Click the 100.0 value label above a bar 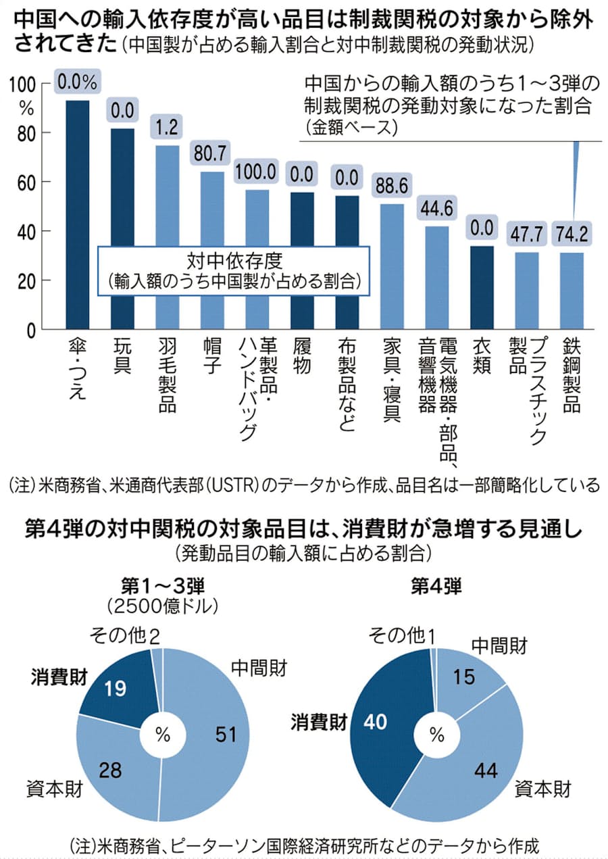pyautogui.click(x=256, y=172)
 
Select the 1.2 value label pyautogui.click(x=167, y=126)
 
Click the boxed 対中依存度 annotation pyautogui.click(x=234, y=270)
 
